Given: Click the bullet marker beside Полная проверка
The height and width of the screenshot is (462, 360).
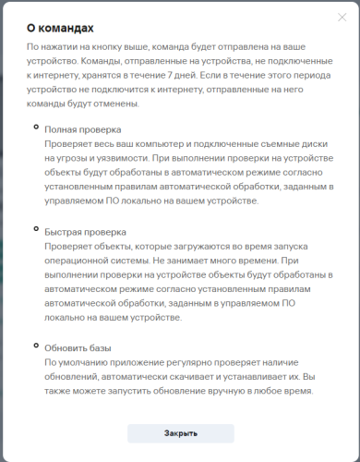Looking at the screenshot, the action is (x=36, y=127).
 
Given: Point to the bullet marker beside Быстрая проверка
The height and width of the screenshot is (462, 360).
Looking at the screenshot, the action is (x=36, y=228).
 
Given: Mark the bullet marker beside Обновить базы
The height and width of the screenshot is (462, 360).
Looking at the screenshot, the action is (x=36, y=345).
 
